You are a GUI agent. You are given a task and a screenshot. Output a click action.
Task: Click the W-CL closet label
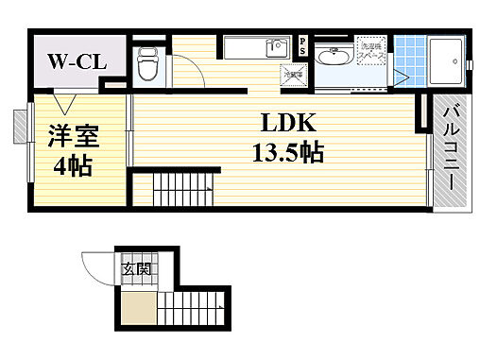pyautogui.click(x=77, y=64)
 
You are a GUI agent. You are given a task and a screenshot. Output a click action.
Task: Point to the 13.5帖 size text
pyautogui.click(x=287, y=152)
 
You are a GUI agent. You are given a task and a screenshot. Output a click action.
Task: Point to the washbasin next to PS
pyautogui.click(x=332, y=58)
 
